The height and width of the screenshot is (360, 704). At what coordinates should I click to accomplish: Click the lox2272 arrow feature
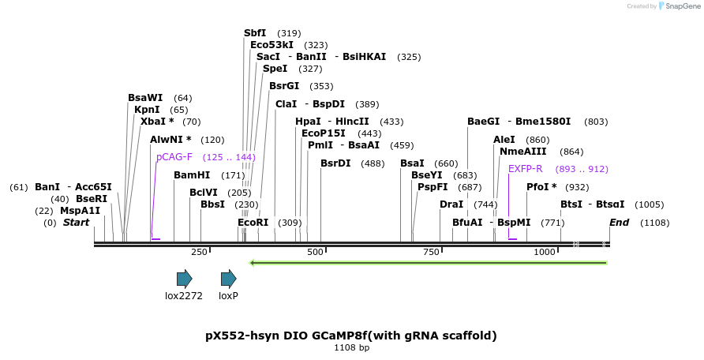pyautogui.click(x=184, y=278)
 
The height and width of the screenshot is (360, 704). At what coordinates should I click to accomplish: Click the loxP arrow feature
pyautogui.click(x=228, y=278)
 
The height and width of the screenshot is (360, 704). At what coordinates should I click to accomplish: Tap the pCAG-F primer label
pyautogui.click(x=174, y=157)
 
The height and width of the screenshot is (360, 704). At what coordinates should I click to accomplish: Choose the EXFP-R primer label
pyautogui.click(x=525, y=168)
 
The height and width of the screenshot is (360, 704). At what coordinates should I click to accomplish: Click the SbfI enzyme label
pyautogui.click(x=255, y=33)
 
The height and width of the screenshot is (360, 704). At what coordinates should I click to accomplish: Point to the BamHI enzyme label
pyautogui.click(x=192, y=174)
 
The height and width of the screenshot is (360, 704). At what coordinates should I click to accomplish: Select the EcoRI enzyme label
pyautogui.click(x=253, y=223)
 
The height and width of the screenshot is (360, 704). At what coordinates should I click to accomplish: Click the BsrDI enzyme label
pyautogui.click(x=335, y=163)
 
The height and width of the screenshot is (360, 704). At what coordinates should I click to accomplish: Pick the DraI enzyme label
pyautogui.click(x=451, y=204)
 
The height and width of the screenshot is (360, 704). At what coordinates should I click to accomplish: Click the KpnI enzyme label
pyautogui.click(x=147, y=110)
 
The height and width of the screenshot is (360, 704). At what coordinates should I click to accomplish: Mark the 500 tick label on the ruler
pyautogui.click(x=315, y=252)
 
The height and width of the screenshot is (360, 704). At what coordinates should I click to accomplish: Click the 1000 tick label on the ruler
pyautogui.click(x=545, y=252)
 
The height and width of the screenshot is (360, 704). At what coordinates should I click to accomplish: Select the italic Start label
pyautogui.click(x=76, y=223)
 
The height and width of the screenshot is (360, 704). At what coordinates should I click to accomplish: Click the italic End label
pyautogui.click(x=619, y=223)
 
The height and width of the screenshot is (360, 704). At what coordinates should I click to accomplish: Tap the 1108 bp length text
pyautogui.click(x=351, y=347)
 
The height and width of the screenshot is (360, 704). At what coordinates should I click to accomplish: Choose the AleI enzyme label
pyautogui.click(x=504, y=139)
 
